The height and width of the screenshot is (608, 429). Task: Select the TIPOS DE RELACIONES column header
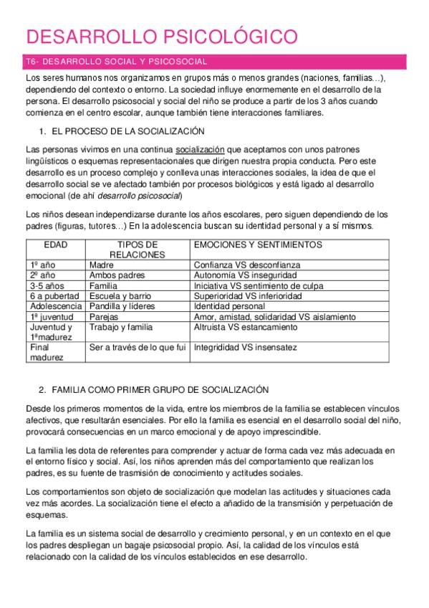click(x=136, y=250)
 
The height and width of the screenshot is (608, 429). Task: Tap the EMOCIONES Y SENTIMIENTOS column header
click(x=258, y=244)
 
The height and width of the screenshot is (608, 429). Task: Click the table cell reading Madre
click(x=101, y=265)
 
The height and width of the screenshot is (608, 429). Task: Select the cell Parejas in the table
click(x=104, y=316)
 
